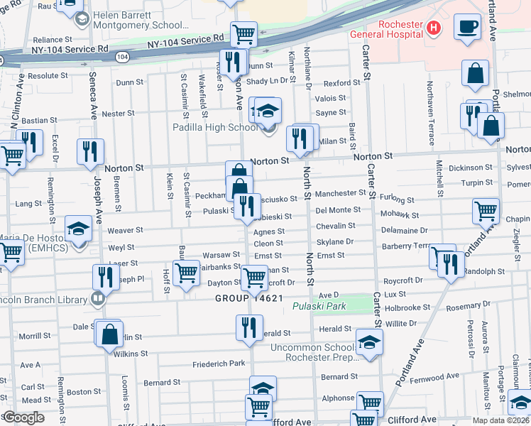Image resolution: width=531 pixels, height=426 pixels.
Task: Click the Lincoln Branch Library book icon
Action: (98, 298)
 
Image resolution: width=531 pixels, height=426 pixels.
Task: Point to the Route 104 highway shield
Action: (123, 55)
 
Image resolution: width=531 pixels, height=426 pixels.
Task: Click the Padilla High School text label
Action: (215, 128)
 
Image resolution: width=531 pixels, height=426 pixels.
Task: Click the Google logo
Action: (24, 417)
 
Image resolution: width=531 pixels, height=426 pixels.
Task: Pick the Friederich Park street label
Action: (218, 364)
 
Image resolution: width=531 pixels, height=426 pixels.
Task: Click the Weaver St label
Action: (125, 230)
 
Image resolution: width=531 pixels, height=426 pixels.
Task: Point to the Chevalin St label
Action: (335, 226)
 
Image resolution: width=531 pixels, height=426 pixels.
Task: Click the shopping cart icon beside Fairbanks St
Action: (186, 271)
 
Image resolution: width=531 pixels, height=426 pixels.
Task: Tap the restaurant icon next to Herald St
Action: (248, 327)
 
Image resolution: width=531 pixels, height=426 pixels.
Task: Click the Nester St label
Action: (118, 114)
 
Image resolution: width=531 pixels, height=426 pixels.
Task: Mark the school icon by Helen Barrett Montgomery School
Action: (82, 19)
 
